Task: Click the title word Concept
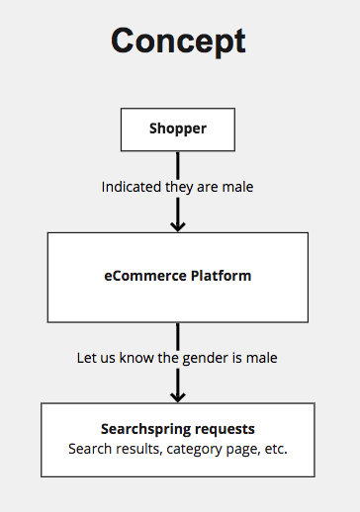tap(178, 41)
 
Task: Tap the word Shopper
tap(178, 128)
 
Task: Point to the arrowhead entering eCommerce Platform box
tap(178, 226)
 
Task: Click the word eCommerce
tap(145, 276)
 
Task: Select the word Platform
tap(222, 276)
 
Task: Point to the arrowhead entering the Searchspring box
tap(178, 397)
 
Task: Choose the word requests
tap(225, 430)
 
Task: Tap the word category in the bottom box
tap(194, 450)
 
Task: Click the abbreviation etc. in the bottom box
tap(276, 449)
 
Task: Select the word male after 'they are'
tap(237, 187)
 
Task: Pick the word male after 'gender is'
tap(262, 358)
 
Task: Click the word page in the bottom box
tap(241, 450)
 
